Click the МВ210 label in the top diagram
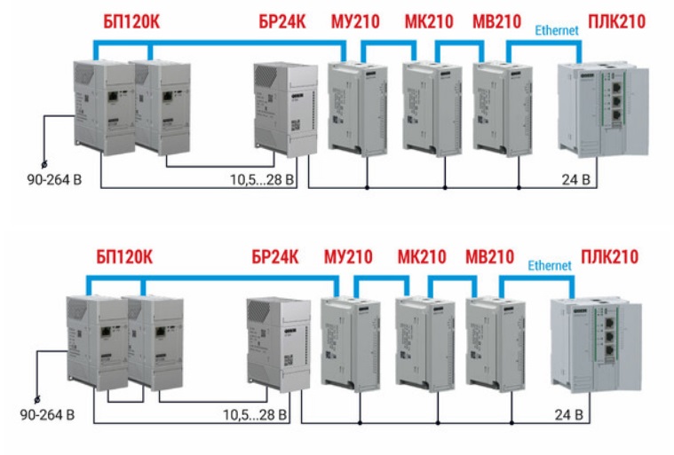[x=496, y=20]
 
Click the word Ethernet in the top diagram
[x=557, y=30]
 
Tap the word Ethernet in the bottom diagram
[x=550, y=265]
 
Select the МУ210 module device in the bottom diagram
[x=345, y=341]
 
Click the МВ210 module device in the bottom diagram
[x=490, y=341]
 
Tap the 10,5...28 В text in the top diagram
[x=264, y=182]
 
